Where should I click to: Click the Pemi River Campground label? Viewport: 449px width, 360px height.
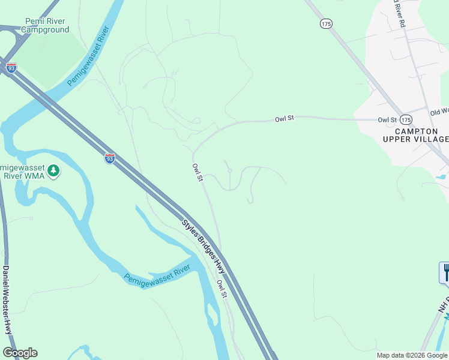click(x=46, y=25)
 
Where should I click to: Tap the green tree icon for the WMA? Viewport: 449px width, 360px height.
click(x=54, y=171)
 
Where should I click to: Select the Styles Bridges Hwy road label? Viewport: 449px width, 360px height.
click(x=203, y=247)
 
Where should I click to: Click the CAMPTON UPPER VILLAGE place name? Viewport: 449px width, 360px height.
click(x=415, y=134)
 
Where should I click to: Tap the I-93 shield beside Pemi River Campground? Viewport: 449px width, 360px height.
click(x=11, y=68)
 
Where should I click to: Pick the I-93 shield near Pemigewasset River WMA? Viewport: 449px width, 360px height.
click(x=109, y=158)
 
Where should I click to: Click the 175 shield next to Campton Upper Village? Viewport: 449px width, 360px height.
click(x=406, y=119)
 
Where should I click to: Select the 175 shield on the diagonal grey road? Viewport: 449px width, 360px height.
click(x=326, y=23)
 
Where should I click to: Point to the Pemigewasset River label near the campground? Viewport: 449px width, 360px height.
click(x=91, y=55)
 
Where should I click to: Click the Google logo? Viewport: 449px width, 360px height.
click(x=20, y=353)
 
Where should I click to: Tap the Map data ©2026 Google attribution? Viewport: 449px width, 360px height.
click(x=412, y=355)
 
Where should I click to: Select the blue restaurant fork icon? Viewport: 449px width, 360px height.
click(x=445, y=272)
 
